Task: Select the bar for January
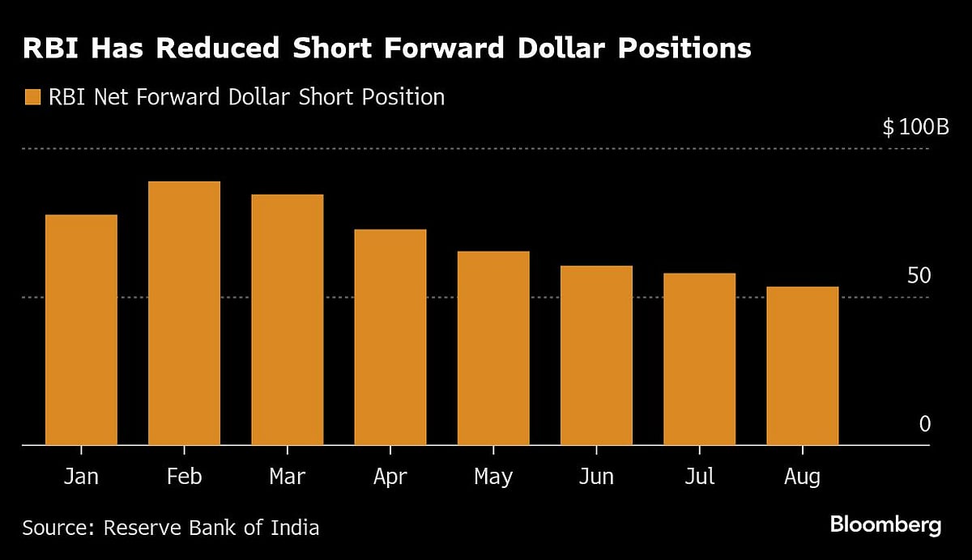click(x=81, y=329)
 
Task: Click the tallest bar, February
click(x=184, y=313)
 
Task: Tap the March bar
click(x=287, y=320)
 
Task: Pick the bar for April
click(x=390, y=337)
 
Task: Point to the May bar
click(x=493, y=348)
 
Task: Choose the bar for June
click(x=596, y=355)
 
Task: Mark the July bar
click(x=699, y=358)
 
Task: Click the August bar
click(x=802, y=366)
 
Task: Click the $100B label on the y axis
click(x=915, y=128)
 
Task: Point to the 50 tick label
click(x=919, y=276)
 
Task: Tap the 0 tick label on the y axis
click(x=925, y=424)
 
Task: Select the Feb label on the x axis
click(x=184, y=477)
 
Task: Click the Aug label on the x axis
click(x=802, y=477)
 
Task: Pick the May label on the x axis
click(x=493, y=477)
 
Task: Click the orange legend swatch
click(x=32, y=98)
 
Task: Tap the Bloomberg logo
click(x=885, y=525)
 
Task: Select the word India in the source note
click(x=293, y=528)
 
